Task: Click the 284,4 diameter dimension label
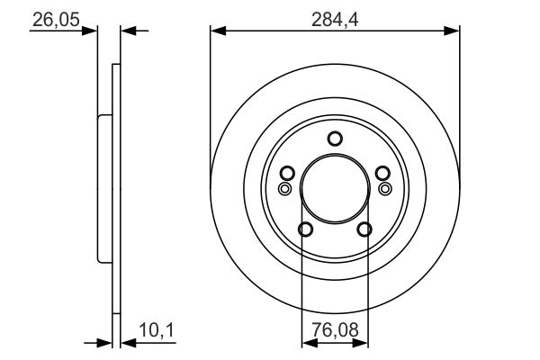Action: pyautogui.click(x=335, y=20)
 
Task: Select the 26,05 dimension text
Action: pyautogui.click(x=56, y=20)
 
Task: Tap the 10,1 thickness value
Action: pyautogui.click(x=157, y=330)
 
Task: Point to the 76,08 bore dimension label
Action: pyautogui.click(x=335, y=329)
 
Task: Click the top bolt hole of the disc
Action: pyautogui.click(x=335, y=139)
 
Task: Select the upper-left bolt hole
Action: pyautogui.click(x=287, y=173)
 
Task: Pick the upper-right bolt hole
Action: pyautogui.click(x=382, y=173)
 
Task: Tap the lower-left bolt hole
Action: pyautogui.click(x=305, y=229)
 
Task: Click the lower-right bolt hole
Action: pyautogui.click(x=364, y=229)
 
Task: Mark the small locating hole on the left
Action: pyautogui.click(x=284, y=188)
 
